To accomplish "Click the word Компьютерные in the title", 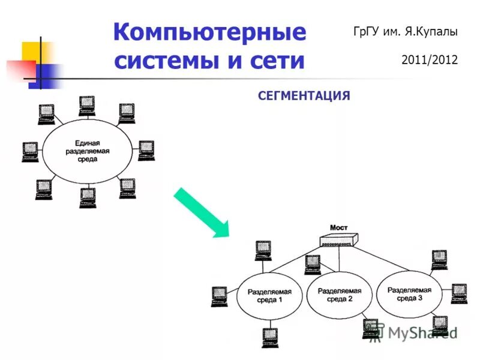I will (209, 31).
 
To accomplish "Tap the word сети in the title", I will (277, 61).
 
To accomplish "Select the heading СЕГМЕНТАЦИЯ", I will (304, 95).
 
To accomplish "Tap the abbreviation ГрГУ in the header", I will (367, 32).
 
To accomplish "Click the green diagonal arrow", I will (202, 212).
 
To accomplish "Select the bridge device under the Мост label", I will (338, 241).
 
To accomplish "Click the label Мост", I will (338, 228).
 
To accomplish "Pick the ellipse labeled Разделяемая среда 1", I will (269, 296).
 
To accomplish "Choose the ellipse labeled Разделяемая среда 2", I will (339, 295).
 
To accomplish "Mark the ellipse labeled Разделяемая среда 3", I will (409, 293).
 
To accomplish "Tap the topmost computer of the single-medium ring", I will (88, 106).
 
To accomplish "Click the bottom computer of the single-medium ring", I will (88, 197).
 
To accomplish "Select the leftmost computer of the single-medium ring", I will (30, 152).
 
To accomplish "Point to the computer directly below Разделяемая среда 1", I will (269, 338).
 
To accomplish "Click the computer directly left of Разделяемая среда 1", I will (218, 296).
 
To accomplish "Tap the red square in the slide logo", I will (21, 70).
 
